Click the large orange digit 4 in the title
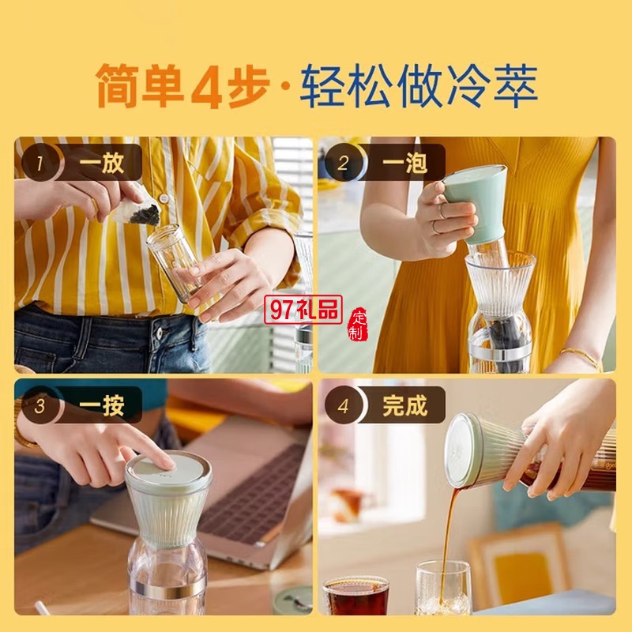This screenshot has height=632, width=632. pos(206,87)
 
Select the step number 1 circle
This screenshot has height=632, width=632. pos(39,163)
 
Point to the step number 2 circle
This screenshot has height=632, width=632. pos(343,163)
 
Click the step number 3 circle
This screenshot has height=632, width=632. pos(39,405)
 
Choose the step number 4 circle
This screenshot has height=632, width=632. pos(343,405)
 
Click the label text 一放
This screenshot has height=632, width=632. pos(101,163)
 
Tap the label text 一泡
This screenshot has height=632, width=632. pos(404,163)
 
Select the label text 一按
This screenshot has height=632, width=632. pos(101,405)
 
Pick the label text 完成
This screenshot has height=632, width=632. pos(404,405)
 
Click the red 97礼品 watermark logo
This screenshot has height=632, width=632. pos(303,310)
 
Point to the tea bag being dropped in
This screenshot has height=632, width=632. pos(137,208)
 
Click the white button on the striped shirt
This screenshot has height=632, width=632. pos(164,198)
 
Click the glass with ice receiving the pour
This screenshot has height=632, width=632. pos(442,588)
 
